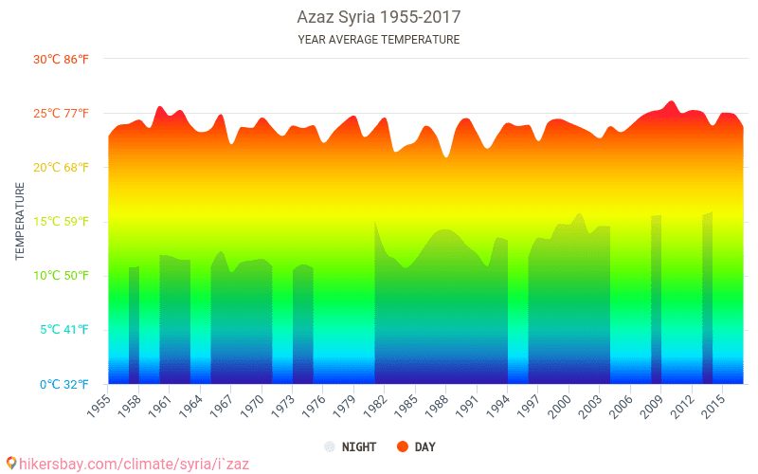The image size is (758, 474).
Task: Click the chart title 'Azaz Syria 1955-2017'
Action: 378,18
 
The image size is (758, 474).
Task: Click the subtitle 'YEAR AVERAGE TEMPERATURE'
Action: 378,40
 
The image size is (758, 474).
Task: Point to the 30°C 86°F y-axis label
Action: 62,59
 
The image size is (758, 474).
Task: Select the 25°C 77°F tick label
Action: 62,114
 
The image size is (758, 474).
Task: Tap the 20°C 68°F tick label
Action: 62,168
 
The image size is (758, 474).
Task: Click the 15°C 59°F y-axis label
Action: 62,222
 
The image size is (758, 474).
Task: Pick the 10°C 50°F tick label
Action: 62,276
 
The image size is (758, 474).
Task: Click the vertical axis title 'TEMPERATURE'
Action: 20,221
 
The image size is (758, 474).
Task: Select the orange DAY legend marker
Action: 402,447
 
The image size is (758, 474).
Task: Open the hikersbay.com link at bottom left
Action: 134,464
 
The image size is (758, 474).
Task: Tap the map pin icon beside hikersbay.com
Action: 10,464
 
